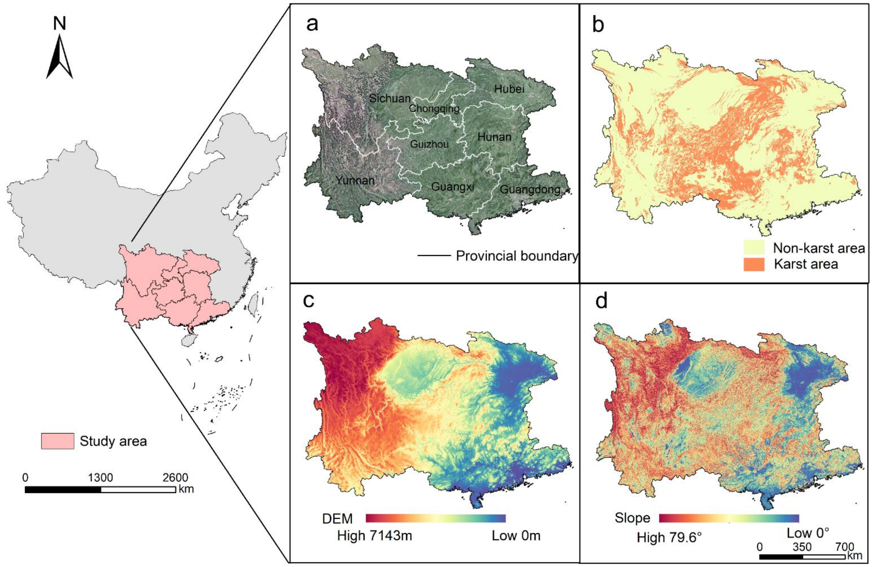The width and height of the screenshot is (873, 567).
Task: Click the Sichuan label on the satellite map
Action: click(390, 98)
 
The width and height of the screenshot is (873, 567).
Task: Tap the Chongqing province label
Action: click(434, 109)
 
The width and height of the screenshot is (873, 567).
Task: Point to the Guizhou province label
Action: click(429, 144)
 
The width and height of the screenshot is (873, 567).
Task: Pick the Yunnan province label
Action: click(355, 180)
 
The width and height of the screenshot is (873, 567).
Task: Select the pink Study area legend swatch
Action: click(57, 441)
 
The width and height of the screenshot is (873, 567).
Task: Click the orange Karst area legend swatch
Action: click(754, 264)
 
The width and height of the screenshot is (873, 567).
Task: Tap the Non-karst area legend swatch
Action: click(754, 248)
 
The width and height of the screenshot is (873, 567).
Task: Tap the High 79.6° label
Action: click(669, 538)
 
